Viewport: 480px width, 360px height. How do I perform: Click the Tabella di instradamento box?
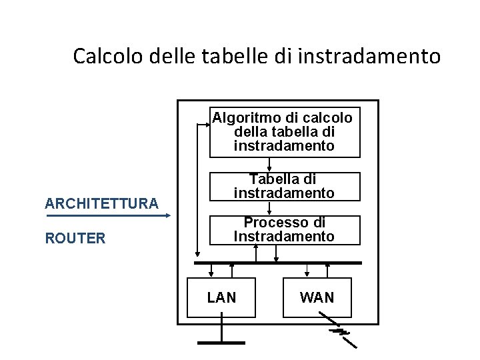click(285, 186)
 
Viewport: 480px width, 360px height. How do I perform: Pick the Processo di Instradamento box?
click(285, 229)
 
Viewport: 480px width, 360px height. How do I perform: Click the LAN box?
click(222, 297)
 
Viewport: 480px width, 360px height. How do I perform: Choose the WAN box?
click(317, 297)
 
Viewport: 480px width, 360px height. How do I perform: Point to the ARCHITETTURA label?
click(101, 203)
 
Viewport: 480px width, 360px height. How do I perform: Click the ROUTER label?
click(75, 238)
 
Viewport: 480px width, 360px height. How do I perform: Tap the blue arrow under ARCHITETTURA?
click(107, 215)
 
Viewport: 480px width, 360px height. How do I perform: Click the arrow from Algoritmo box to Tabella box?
click(269, 165)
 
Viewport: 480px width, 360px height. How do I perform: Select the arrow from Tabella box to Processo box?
click(269, 208)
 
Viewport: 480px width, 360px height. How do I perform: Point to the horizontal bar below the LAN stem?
click(222, 342)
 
